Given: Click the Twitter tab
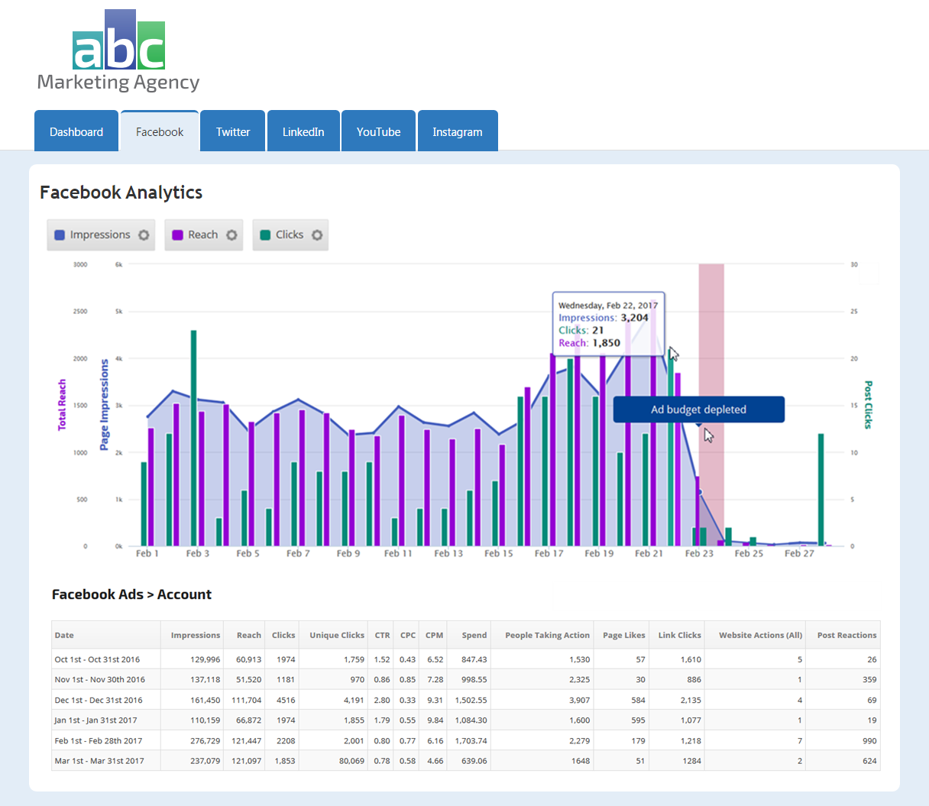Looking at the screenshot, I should pyautogui.click(x=232, y=131).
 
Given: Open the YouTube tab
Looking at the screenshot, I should pyautogui.click(x=378, y=131).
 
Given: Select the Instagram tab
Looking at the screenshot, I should pyautogui.click(x=457, y=131).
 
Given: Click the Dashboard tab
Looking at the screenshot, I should pyautogui.click(x=76, y=131).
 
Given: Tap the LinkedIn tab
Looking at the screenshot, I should pyautogui.click(x=303, y=131).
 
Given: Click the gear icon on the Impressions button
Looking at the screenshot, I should pyautogui.click(x=144, y=235).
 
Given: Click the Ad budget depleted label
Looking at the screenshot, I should pyautogui.click(x=698, y=409).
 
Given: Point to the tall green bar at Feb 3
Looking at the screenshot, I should pyautogui.click(x=193, y=435).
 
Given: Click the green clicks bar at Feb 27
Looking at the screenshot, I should pyautogui.click(x=821, y=489).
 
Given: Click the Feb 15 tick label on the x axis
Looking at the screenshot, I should pyautogui.click(x=498, y=553).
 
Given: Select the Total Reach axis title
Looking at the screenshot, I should pyautogui.click(x=62, y=405).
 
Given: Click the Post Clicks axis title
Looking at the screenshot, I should pyautogui.click(x=868, y=405).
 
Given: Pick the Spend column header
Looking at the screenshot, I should pyautogui.click(x=474, y=635).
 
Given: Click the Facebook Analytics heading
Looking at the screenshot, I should pyautogui.click(x=121, y=193).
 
